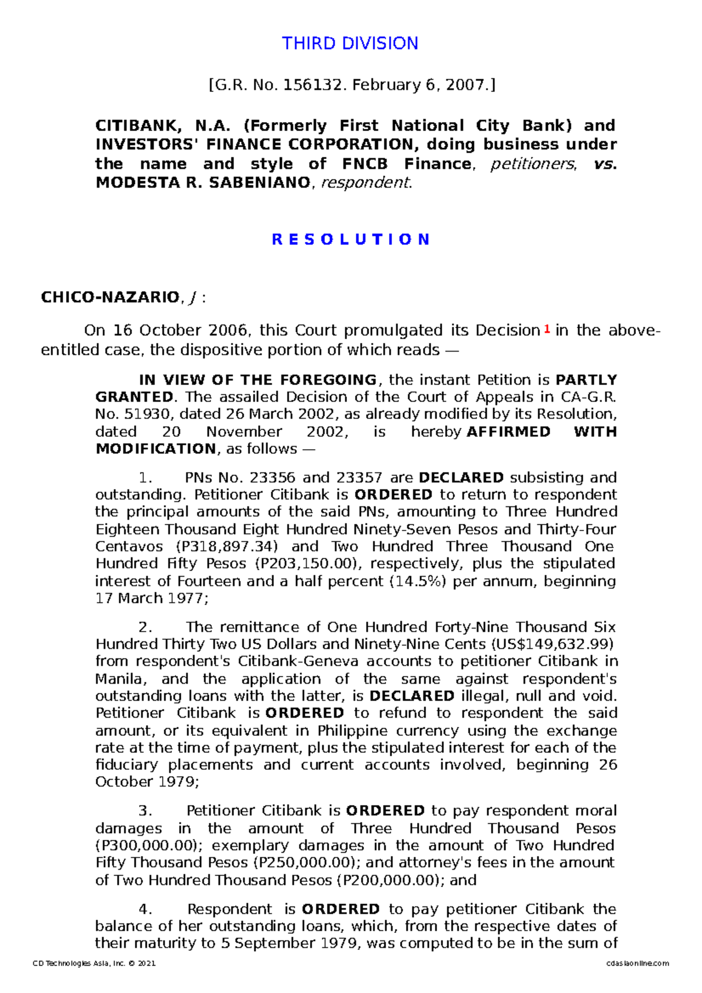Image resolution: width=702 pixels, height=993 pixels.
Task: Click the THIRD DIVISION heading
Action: pos(350,43)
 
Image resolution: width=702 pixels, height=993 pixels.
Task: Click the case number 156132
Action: pos(312,85)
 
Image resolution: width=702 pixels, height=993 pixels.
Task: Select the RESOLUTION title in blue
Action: pos(351,239)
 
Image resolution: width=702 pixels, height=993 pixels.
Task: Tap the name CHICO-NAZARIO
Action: pos(109,298)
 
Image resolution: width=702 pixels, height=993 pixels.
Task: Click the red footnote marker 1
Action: pos(546,329)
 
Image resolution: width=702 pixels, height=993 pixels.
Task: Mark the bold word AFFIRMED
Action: pos(508,432)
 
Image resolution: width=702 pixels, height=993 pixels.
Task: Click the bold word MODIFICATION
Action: pos(156,449)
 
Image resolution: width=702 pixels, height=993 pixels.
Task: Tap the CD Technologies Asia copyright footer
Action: pos(94,963)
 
